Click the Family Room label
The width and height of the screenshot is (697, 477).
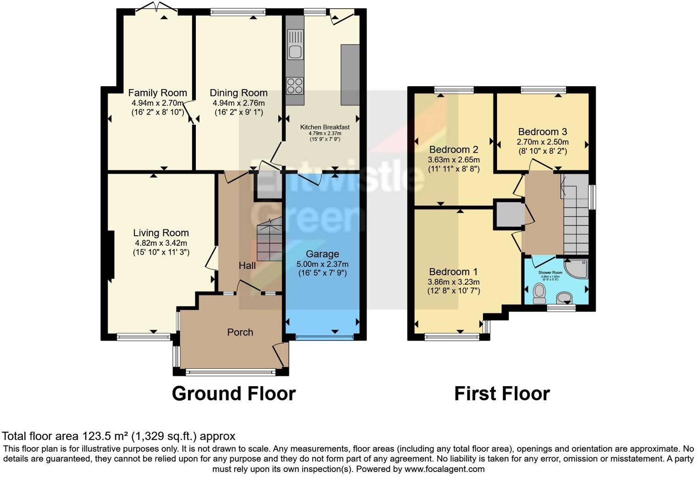157,93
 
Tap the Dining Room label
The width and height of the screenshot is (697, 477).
238,93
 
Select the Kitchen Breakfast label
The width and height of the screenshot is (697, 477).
325,127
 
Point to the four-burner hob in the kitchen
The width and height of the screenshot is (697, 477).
295,85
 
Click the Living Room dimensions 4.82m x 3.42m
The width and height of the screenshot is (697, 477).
160,243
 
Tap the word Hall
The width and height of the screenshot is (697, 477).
247,265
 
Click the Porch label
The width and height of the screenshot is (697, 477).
240,332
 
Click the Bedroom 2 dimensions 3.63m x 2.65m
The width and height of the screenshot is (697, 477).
454,160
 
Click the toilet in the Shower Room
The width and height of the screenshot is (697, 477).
539,292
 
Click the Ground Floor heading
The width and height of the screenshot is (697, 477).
233,394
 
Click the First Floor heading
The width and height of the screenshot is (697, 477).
502,394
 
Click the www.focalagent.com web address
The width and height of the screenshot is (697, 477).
444,469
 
